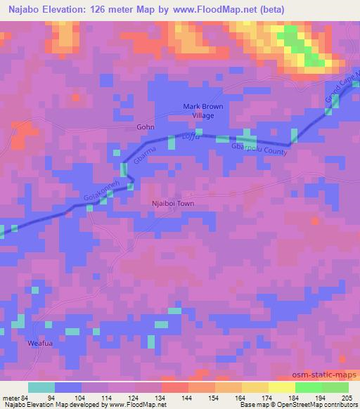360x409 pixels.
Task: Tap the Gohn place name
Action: pos(146,128)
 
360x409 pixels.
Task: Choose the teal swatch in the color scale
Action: pos(41,387)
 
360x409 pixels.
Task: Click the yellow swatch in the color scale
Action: pos(281,387)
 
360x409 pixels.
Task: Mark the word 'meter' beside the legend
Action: pos(10,398)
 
